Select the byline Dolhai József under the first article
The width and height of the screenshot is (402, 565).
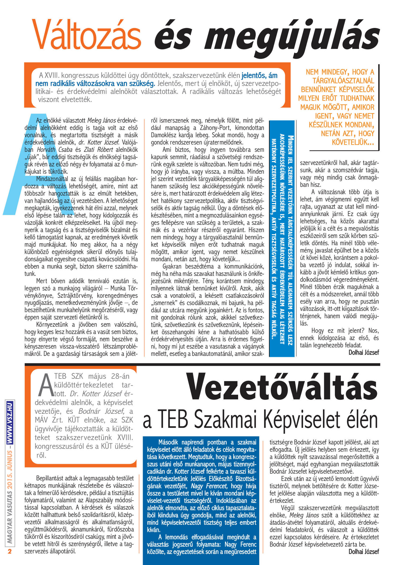(363, 352)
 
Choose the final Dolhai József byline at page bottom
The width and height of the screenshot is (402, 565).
(363, 552)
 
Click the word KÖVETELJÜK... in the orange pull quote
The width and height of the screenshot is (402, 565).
(353, 142)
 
